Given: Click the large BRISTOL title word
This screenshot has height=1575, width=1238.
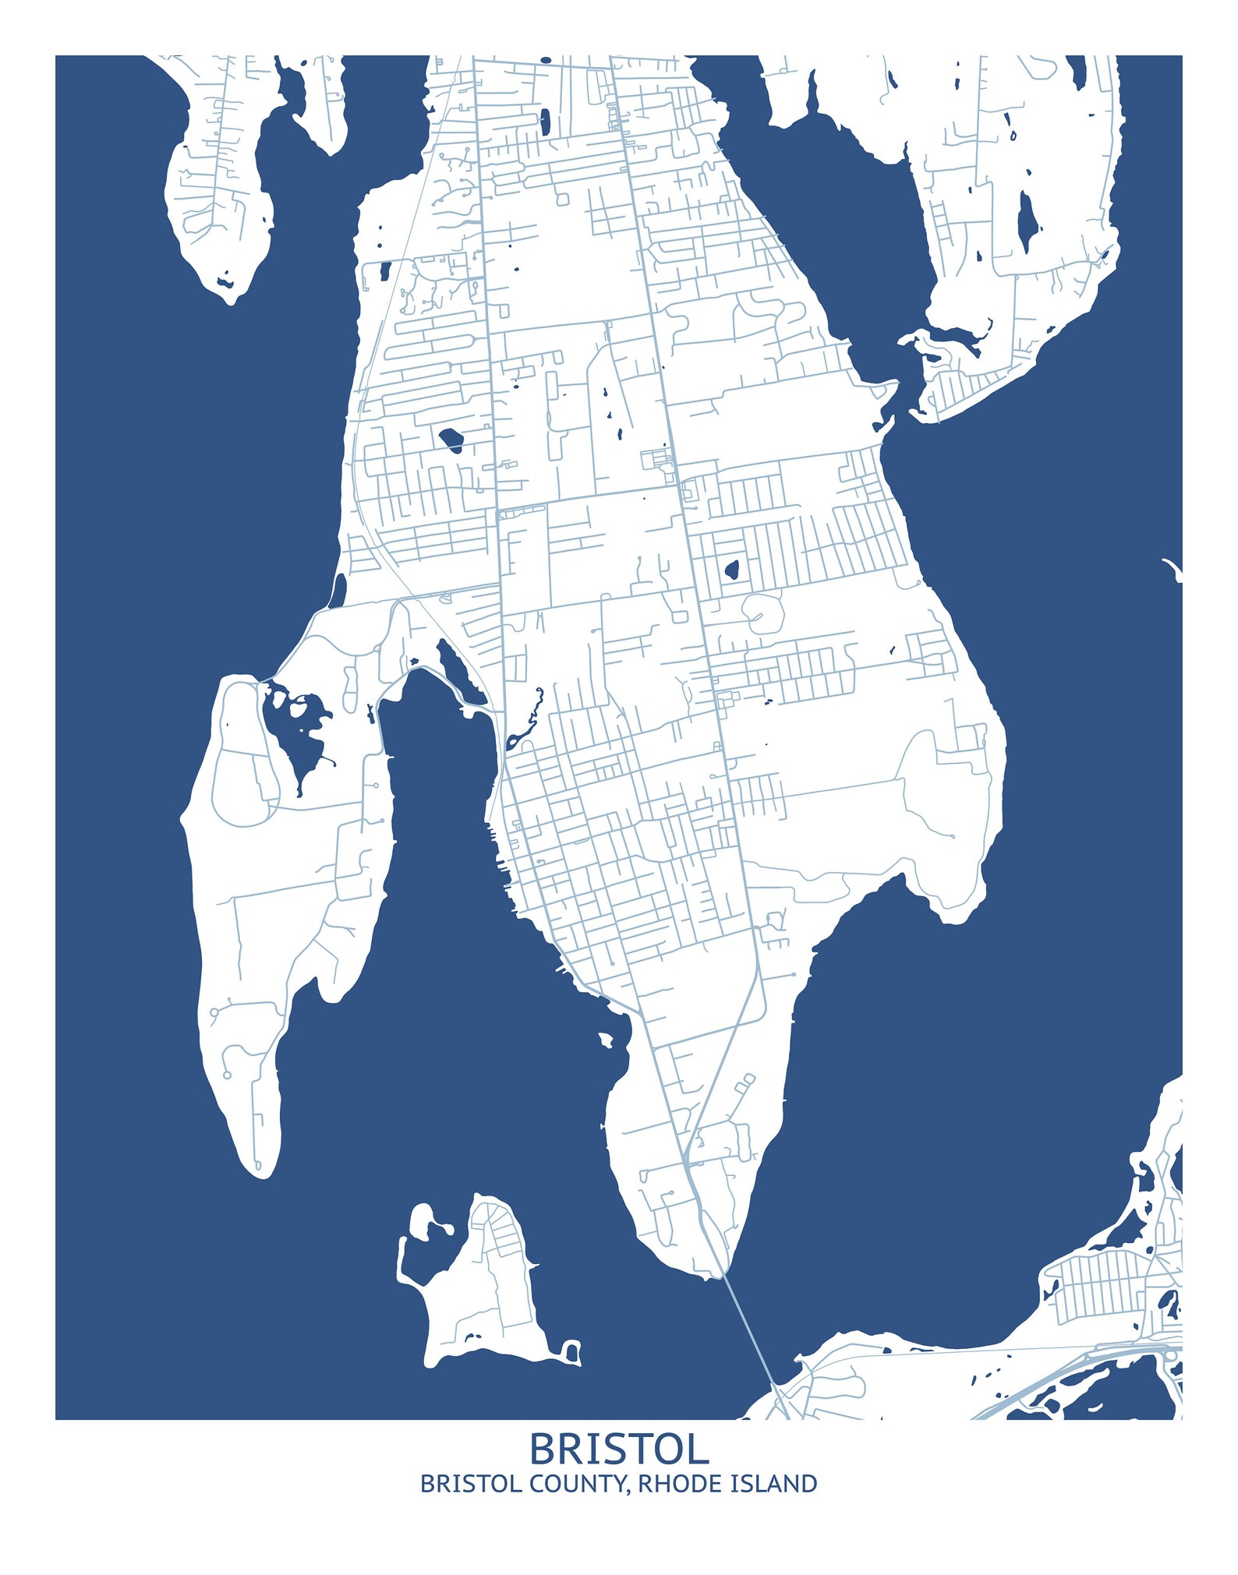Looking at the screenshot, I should pyautogui.click(x=619, y=1450).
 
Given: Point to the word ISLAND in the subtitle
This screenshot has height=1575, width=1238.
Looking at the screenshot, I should pyautogui.click(x=773, y=1485).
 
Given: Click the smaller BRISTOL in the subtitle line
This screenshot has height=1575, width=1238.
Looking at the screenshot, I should pyautogui.click(x=471, y=1485).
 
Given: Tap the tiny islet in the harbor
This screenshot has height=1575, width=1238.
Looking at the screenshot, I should pyautogui.click(x=606, y=1040).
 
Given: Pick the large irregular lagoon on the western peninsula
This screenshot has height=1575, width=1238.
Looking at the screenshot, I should pyautogui.click(x=292, y=729).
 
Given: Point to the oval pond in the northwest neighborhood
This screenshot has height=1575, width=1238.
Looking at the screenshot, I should pyautogui.click(x=451, y=440).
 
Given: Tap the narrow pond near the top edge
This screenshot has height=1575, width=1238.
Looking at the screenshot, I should pyautogui.click(x=545, y=120).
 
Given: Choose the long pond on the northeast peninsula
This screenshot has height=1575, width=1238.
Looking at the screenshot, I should pyautogui.click(x=1027, y=221).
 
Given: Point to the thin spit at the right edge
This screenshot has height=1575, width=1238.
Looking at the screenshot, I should pyautogui.click(x=1172, y=568).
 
